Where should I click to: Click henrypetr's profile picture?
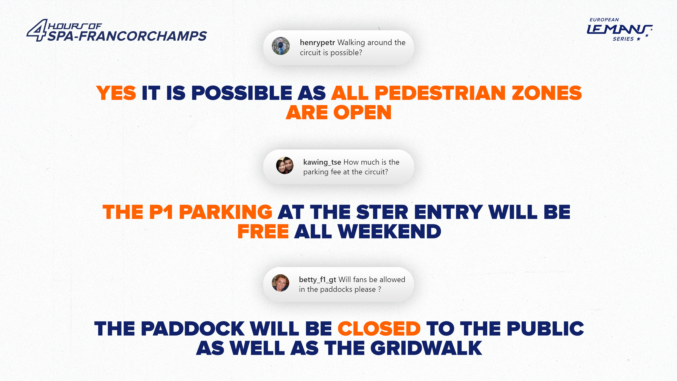(281, 46)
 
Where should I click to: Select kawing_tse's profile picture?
(285, 165)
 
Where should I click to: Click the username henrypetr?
(317, 43)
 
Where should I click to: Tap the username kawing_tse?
(322, 162)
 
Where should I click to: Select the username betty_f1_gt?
(317, 280)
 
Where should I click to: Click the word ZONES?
(547, 93)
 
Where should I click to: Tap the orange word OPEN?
(362, 113)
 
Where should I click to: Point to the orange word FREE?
(263, 232)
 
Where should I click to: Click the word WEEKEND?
(389, 232)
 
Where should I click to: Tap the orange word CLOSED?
(379, 329)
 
